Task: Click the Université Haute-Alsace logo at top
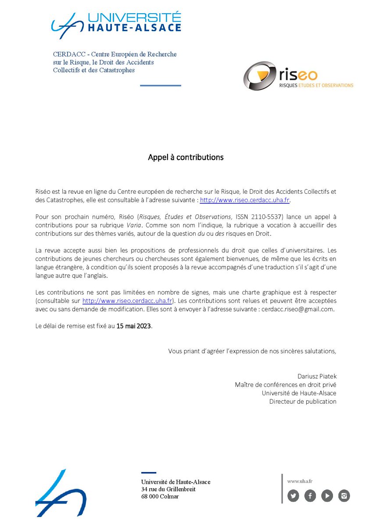point(116,22)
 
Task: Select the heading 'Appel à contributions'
point(186,157)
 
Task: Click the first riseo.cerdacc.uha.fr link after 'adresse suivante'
point(245,200)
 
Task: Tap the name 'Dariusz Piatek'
point(317,376)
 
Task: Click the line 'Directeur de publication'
point(303,402)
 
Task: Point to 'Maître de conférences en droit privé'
point(286,385)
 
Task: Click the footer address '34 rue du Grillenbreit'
point(168,489)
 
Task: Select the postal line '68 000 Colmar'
point(160,497)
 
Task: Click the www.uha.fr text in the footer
point(300,481)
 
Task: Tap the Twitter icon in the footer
point(293,496)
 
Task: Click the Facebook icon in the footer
point(310,496)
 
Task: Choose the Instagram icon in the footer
point(344,496)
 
